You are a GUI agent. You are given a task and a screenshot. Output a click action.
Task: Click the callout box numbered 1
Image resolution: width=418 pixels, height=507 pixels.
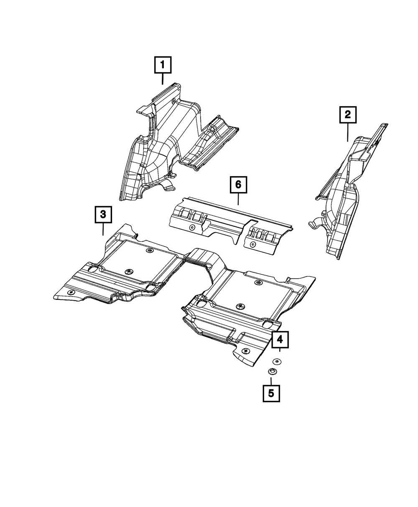pyautogui.click(x=163, y=65)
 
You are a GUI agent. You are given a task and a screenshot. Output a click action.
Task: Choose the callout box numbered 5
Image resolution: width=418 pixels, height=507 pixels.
pyautogui.click(x=271, y=393)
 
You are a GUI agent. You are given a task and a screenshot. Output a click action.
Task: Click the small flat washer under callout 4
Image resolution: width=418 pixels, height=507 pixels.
pyautogui.click(x=276, y=361)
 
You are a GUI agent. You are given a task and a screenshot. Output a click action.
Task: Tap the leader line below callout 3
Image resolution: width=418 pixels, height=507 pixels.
pyautogui.click(x=103, y=229)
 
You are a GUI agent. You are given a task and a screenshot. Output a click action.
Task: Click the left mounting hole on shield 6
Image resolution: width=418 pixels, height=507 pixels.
pyautogui.click(x=192, y=227)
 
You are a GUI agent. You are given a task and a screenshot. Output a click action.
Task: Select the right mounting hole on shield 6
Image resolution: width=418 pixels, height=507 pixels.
pyautogui.click(x=252, y=243)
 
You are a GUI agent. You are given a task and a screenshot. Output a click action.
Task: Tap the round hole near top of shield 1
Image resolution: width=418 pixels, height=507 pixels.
pyautogui.click(x=173, y=101)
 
